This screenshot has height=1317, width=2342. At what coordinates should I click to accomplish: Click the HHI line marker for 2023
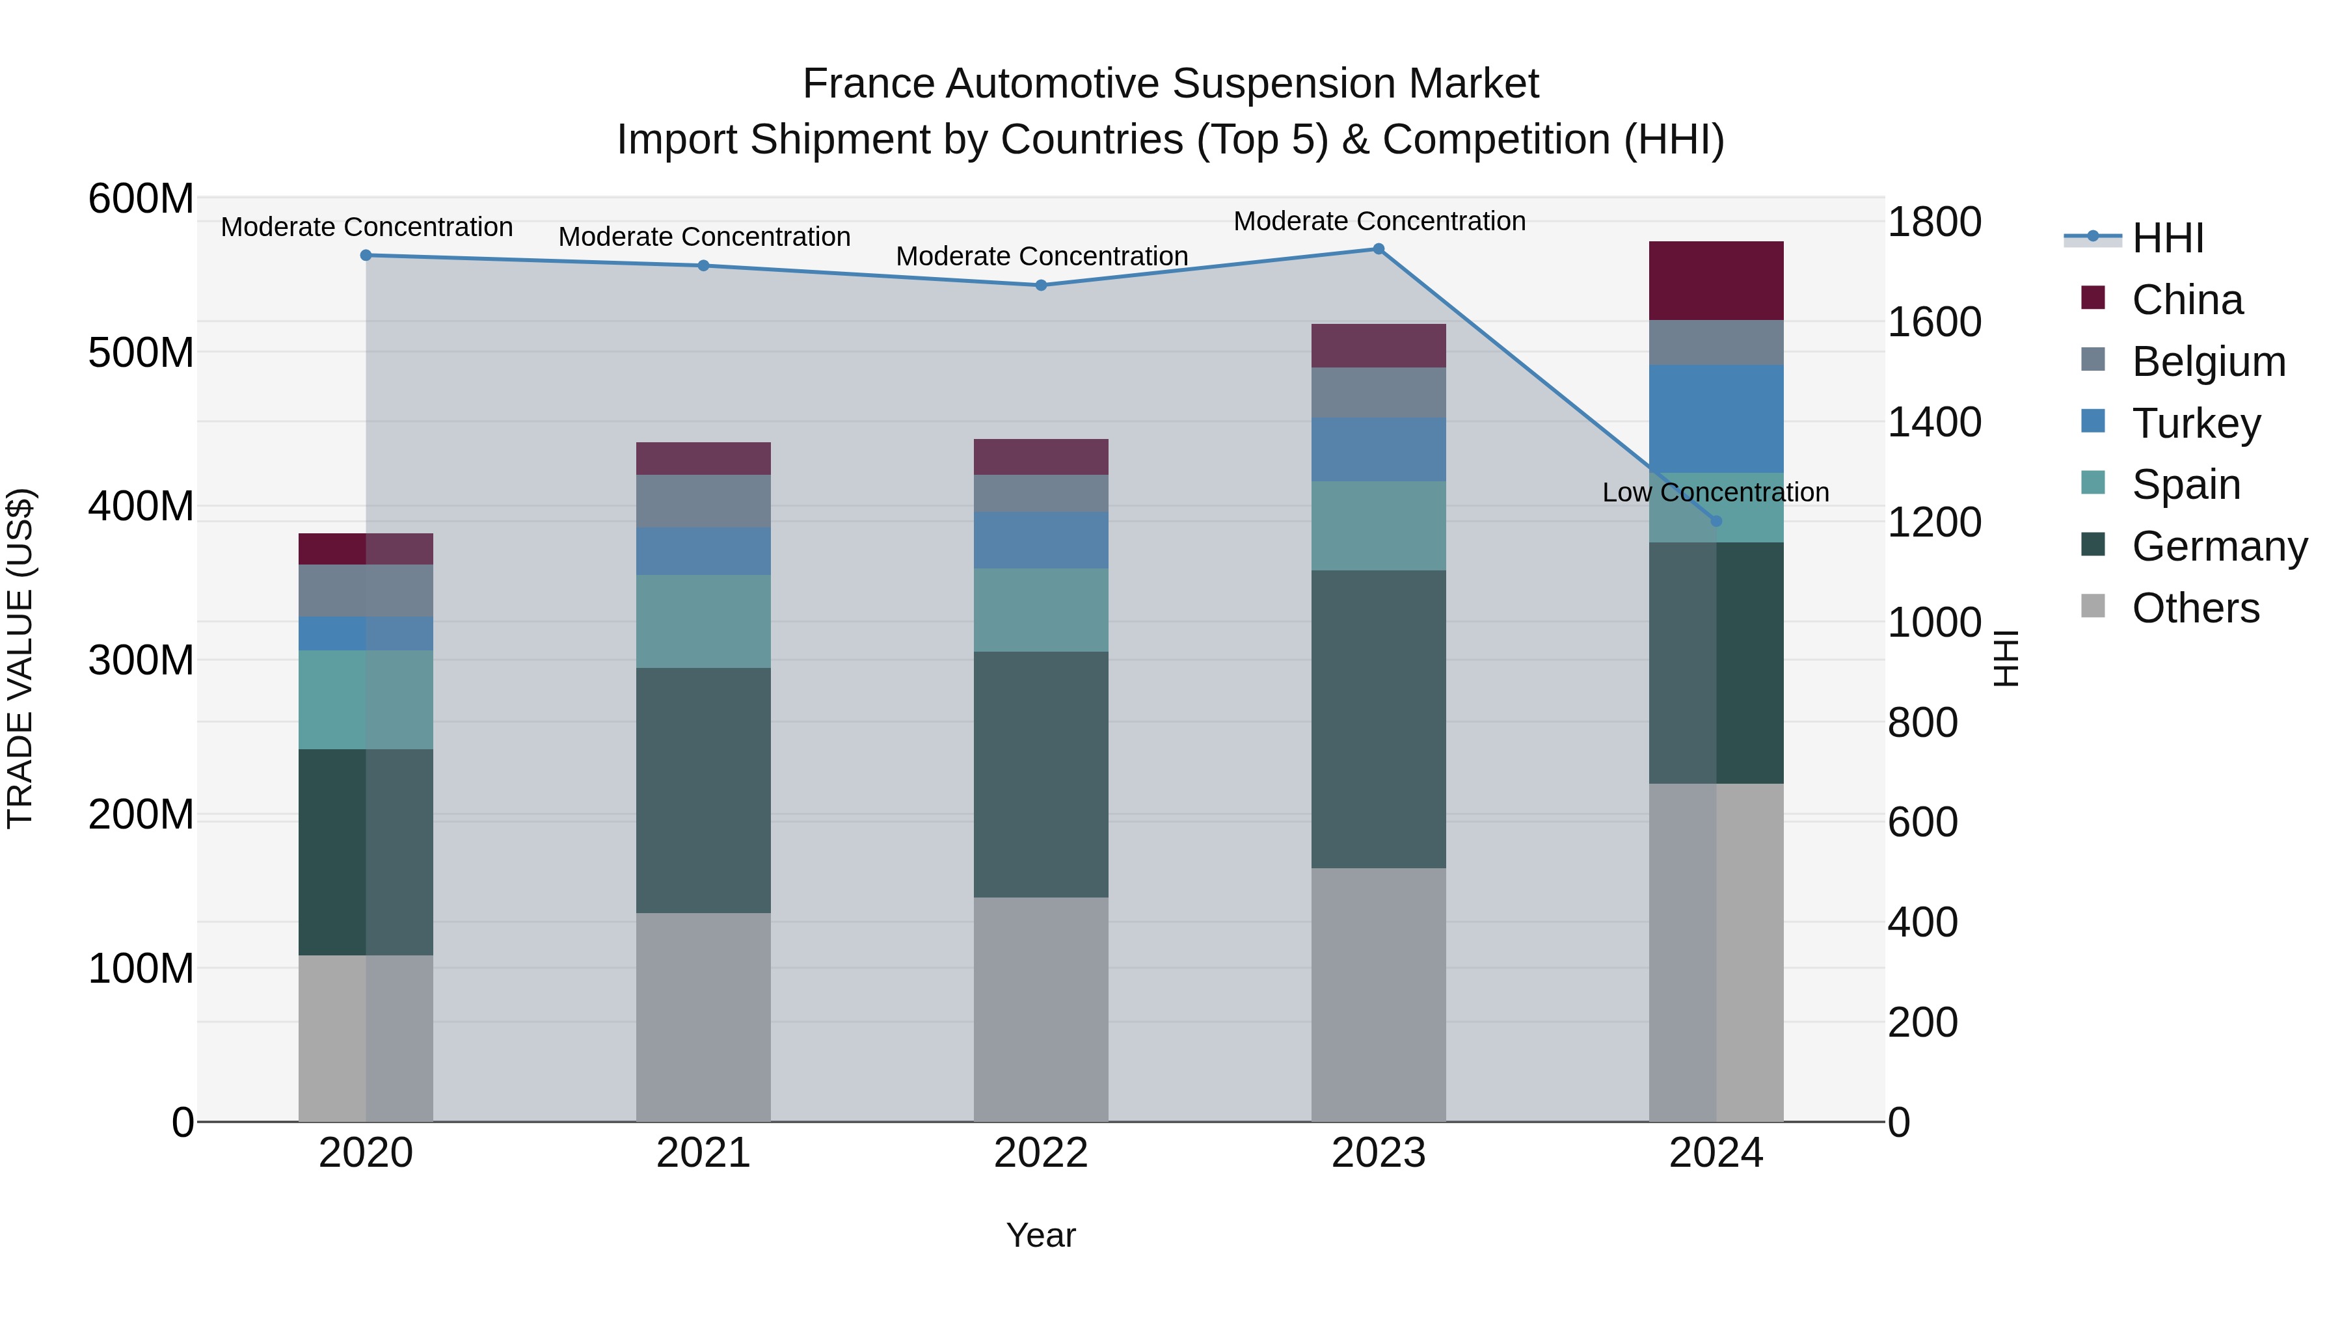[x=1379, y=249]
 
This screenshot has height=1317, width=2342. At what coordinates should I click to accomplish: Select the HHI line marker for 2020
[x=366, y=256]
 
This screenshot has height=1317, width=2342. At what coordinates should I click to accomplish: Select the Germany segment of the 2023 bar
[x=1379, y=719]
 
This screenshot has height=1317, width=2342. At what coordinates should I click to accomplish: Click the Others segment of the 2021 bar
[x=703, y=1017]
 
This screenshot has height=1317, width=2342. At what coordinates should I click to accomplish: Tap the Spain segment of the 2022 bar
[x=1041, y=610]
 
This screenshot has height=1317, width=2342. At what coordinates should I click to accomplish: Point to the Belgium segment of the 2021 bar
[x=703, y=501]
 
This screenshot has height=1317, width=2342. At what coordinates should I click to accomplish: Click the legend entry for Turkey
[x=2196, y=423]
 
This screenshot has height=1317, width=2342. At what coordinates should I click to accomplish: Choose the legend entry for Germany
[x=2219, y=546]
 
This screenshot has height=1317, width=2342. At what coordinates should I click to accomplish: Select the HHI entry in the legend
[x=2168, y=238]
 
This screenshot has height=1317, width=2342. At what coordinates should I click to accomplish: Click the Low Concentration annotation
[x=1716, y=492]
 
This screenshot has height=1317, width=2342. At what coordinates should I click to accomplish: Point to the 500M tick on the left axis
[x=141, y=353]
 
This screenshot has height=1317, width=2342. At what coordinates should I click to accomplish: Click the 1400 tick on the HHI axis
[x=1935, y=423]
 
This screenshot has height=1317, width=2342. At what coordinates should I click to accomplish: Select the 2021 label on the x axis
[x=703, y=1153]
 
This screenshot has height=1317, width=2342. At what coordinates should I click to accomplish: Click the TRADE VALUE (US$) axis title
[x=20, y=658]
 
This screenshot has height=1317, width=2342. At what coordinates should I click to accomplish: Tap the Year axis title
[x=1041, y=1235]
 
